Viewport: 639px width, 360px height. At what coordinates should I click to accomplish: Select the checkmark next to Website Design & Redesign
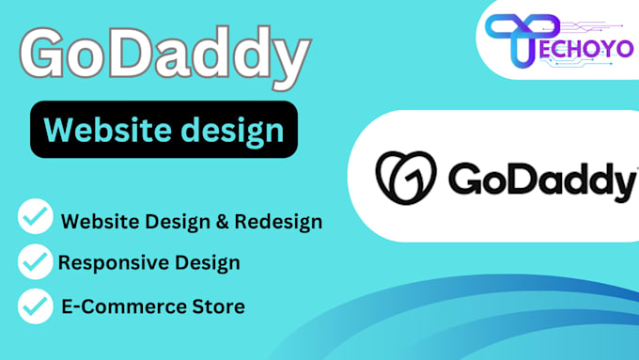point(36,219)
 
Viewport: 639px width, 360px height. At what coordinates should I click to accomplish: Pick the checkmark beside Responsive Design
point(36,262)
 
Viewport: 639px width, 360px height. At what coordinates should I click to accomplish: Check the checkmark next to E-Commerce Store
point(36,305)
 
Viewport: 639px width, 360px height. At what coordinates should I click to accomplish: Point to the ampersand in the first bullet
point(211,223)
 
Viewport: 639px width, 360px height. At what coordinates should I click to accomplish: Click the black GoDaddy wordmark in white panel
point(538,178)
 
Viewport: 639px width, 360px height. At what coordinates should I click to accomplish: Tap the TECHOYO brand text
point(583,48)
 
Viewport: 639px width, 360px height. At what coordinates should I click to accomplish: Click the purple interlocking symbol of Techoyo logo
point(522,37)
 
